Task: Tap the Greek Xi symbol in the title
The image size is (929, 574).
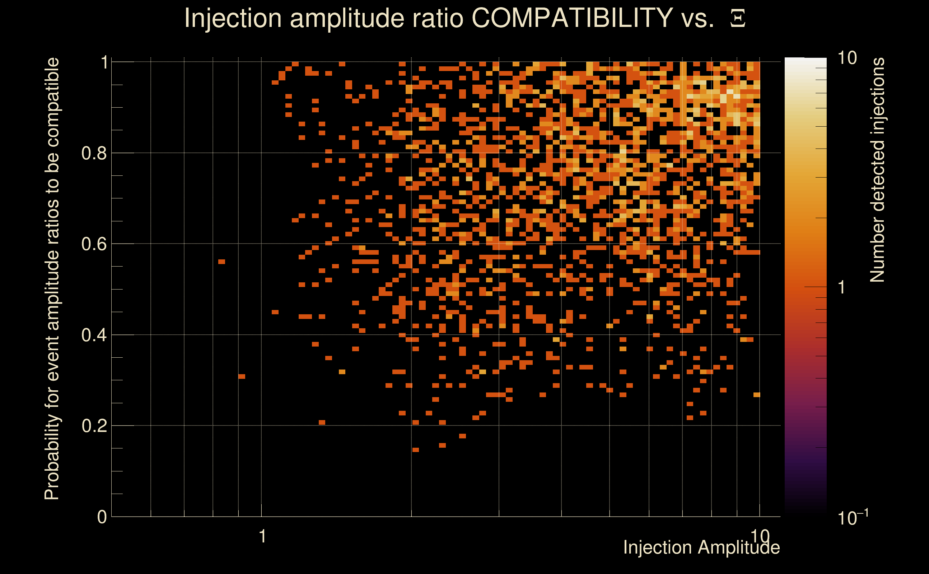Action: click(x=738, y=19)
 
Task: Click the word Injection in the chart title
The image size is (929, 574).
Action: click(x=233, y=18)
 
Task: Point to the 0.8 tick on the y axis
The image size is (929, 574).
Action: click(x=94, y=154)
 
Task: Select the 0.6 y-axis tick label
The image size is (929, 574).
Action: click(x=94, y=244)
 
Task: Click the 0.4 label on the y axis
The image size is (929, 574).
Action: click(x=94, y=335)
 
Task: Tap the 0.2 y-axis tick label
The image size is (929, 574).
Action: click(x=94, y=426)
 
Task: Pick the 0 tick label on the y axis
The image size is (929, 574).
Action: click(x=102, y=517)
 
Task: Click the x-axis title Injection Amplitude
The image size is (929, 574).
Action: click(x=701, y=547)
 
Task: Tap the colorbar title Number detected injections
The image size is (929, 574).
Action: click(x=877, y=170)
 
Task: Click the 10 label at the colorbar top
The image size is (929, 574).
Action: click(x=847, y=58)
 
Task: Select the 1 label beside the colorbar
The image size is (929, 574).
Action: click(x=842, y=287)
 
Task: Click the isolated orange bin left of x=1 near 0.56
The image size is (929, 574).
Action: click(x=222, y=262)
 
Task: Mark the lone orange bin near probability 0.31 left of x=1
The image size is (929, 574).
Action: click(x=242, y=377)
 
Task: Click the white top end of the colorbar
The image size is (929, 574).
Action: click(x=805, y=61)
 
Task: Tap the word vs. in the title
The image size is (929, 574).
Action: click(x=698, y=18)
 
